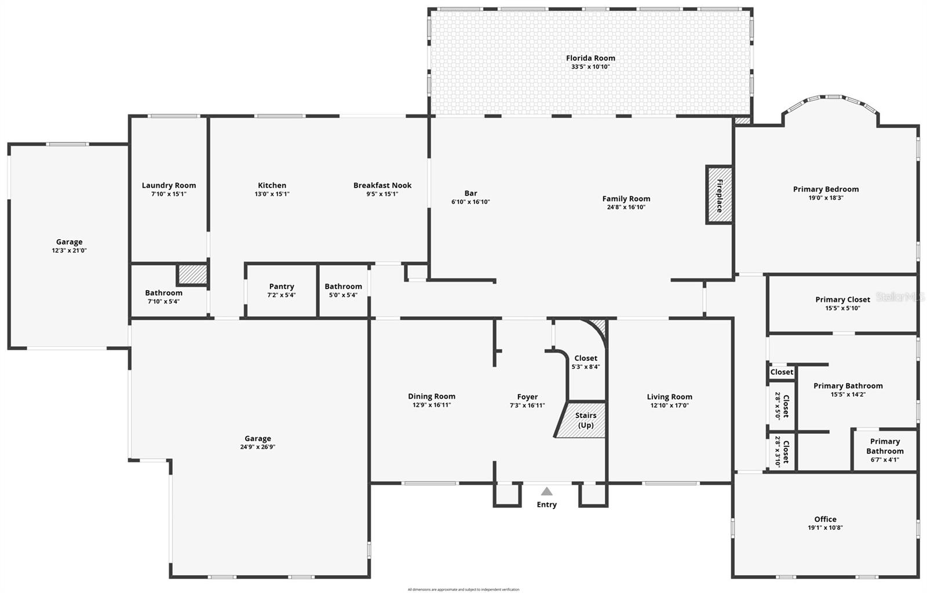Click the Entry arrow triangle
[546, 491]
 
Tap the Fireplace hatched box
[719, 195]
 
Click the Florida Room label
[590, 58]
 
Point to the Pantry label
[282, 287]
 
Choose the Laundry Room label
[169, 185]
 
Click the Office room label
[825, 519]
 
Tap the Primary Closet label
[842, 299]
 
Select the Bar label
[470, 193]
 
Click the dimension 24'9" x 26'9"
[258, 447]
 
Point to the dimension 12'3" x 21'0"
[69, 251]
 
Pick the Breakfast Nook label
[382, 185]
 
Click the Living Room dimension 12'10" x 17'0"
[669, 405]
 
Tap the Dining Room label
[432, 397]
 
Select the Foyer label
[527, 397]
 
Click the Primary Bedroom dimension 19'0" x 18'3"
[826, 197]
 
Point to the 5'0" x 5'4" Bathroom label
[343, 287]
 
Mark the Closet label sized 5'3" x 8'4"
[586, 358]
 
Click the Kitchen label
[272, 185]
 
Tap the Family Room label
[626, 199]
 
